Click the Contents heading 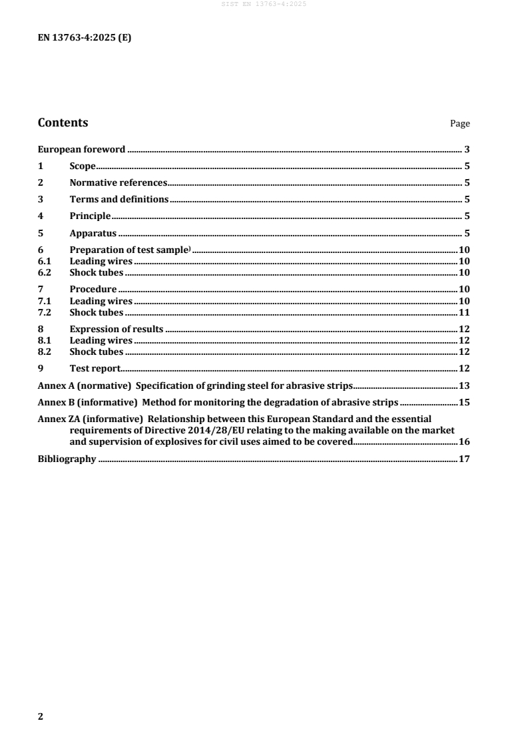coord(63,123)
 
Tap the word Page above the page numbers coord(460,124)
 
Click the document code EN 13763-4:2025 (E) coord(84,38)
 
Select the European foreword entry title coord(81,149)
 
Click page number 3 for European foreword coord(467,149)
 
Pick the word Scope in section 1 coord(83,166)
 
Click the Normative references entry coord(119,182)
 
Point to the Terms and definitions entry coord(119,199)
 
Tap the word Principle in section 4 coord(90,216)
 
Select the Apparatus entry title coord(93,233)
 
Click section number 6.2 coord(45,272)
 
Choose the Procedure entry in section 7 coord(93,289)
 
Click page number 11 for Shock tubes coord(465,312)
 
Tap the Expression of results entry coord(117,329)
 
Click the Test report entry coord(95,368)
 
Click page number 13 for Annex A coord(465,385)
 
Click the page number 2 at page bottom coord(41,716)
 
